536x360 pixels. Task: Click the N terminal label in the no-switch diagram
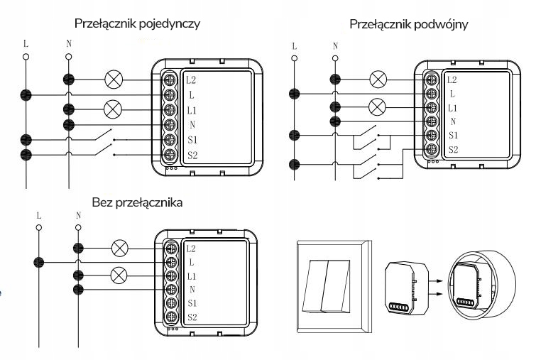click(192, 289)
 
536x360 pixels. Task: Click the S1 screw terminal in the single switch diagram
click(170, 139)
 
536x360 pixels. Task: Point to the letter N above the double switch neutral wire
click(335, 44)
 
